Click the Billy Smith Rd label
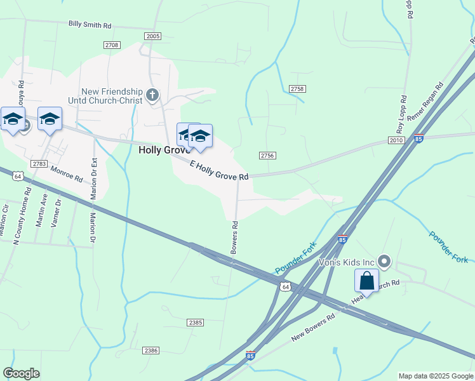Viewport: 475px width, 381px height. tap(90, 25)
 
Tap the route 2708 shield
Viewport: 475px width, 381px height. tap(112, 44)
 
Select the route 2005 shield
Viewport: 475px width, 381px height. tap(152, 37)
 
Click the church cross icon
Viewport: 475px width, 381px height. tap(152, 95)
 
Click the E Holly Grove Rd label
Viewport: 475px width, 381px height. tap(219, 170)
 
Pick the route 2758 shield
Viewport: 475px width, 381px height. tap(297, 89)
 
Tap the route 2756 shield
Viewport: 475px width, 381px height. tap(267, 156)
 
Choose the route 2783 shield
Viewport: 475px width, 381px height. tap(39, 164)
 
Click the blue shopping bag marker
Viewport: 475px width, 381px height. tap(366, 280)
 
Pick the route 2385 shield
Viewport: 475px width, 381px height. tap(196, 323)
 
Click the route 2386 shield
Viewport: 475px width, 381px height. tap(151, 351)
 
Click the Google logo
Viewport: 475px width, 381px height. tap(21, 373)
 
